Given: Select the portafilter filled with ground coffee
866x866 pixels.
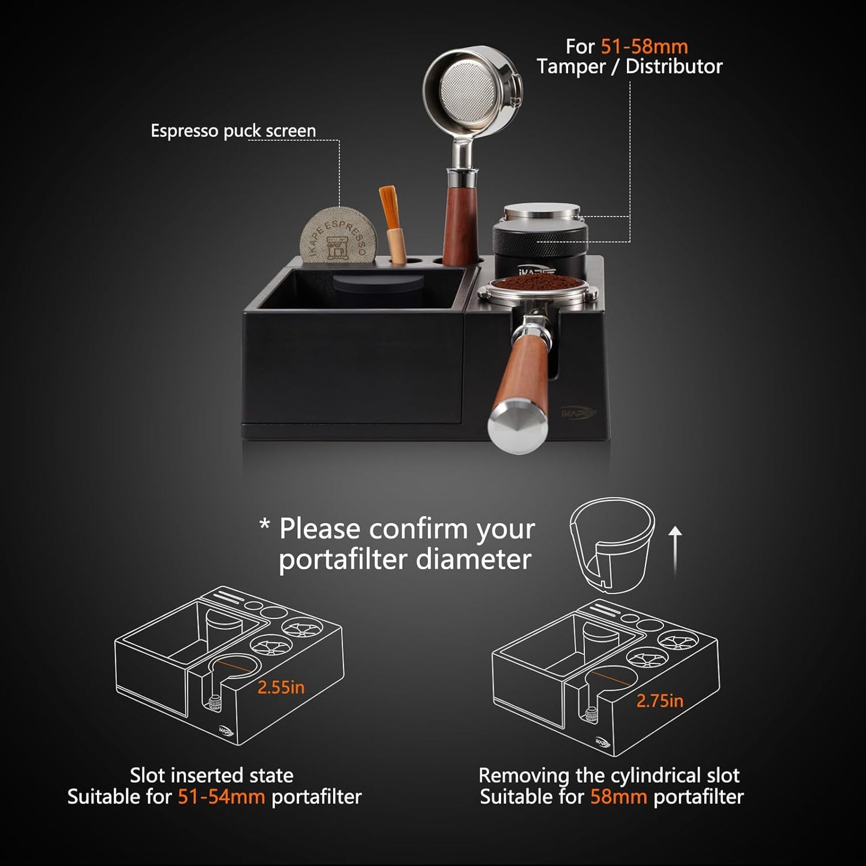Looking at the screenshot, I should coord(536,289).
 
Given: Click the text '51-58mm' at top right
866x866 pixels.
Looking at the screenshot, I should coord(644,47).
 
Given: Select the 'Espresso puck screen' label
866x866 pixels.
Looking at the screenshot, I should coord(233,131).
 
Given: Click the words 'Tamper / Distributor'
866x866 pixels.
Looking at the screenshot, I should coord(629,67).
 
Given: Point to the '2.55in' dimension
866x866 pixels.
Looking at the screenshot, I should coord(281,687).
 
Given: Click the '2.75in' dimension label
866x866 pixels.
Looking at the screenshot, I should coord(659,701).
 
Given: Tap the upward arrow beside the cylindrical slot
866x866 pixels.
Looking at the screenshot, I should coord(675,549).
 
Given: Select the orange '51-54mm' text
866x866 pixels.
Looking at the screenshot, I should coord(221,797).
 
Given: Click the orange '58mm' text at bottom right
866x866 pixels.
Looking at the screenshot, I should coord(618,797).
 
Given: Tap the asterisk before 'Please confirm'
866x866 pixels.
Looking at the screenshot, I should coord(264,526).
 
